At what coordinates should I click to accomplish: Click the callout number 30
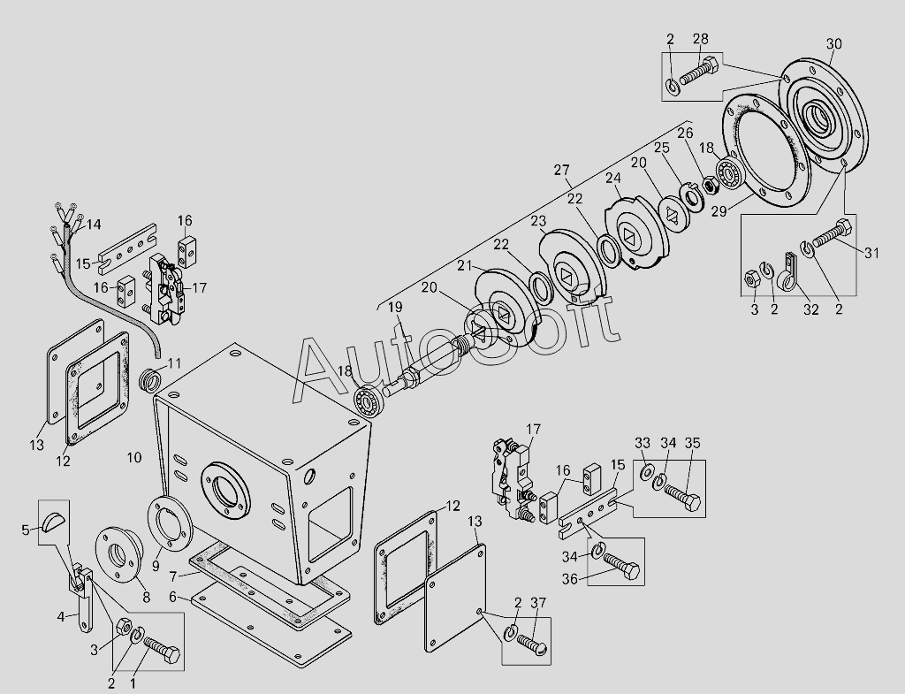click(834, 44)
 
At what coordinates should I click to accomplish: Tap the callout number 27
click(561, 171)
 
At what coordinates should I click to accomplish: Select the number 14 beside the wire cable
click(93, 224)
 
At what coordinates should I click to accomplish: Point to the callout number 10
click(134, 458)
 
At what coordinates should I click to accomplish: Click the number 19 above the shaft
click(395, 307)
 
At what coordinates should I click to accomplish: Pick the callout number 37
click(538, 603)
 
